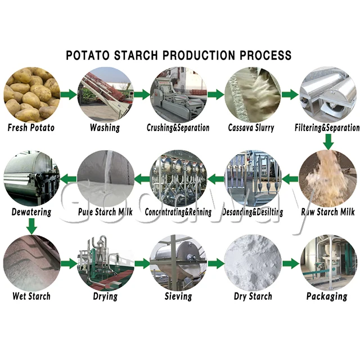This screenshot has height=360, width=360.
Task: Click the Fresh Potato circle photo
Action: tap(31, 94)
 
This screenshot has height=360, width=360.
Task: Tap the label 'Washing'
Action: tap(105, 128)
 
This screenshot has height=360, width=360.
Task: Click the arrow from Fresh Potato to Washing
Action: tap(68, 94)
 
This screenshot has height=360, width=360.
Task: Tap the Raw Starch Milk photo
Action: tap(327, 179)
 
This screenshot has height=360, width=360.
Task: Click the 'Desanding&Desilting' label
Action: tap(253, 212)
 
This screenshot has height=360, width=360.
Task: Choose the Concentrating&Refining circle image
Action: tap(178, 179)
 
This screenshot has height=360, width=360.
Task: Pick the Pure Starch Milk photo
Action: tap(105, 179)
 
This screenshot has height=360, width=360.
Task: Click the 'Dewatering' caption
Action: tap(31, 212)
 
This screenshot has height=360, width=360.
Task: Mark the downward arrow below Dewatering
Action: tap(31, 227)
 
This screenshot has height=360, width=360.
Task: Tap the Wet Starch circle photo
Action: tap(31, 263)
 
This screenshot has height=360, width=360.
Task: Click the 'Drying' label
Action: tap(105, 296)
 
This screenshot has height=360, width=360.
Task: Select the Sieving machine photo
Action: tap(178, 263)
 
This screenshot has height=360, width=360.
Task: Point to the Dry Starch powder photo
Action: tap(253, 263)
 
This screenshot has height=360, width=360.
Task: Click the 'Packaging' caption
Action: tap(327, 296)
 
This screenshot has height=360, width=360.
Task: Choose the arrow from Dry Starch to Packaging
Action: tap(290, 263)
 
